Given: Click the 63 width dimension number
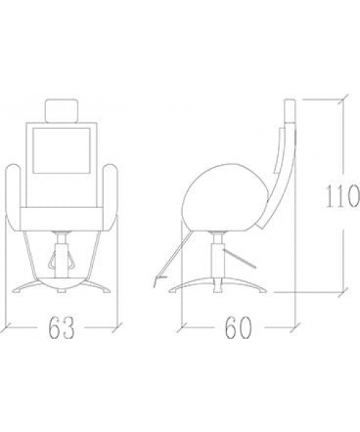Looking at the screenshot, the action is (61, 328).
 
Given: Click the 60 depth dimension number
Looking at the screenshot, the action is (238, 328).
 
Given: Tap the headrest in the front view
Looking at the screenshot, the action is (61, 111).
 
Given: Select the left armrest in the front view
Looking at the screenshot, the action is (13, 197).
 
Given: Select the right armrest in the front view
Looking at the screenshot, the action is (110, 197).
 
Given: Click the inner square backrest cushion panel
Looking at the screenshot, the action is (61, 150).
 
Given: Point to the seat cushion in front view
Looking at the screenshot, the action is (62, 219).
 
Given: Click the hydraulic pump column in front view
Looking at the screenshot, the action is (61, 256).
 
